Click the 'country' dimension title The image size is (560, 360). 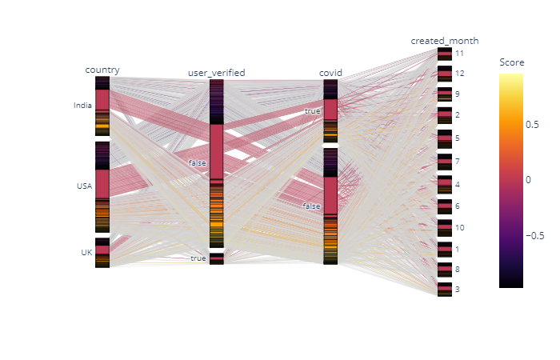click(x=102, y=70)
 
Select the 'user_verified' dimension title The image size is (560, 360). click(x=216, y=73)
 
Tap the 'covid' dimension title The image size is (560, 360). click(x=330, y=73)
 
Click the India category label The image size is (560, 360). click(x=82, y=105)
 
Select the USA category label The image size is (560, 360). click(x=84, y=186)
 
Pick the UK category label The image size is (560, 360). click(x=86, y=252)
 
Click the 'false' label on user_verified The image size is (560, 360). click(x=197, y=163)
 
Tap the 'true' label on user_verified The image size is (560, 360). click(x=198, y=258)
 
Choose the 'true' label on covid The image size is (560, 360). click(x=312, y=111)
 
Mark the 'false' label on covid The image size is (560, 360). click(x=311, y=206)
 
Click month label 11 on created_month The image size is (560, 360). click(x=459, y=53)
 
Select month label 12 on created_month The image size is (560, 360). click(x=459, y=74)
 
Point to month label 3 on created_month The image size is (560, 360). click(x=457, y=289)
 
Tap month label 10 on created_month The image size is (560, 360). click(x=459, y=228)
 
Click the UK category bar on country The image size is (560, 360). click(x=102, y=252)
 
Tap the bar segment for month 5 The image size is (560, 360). click(x=444, y=138)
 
